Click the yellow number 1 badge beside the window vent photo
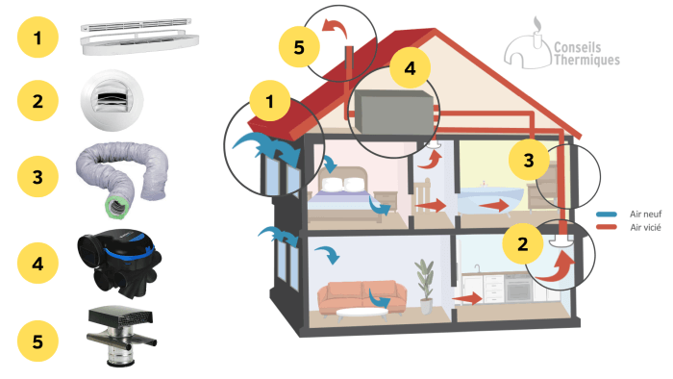(37, 39)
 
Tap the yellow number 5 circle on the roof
(299, 45)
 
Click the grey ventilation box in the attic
(392, 111)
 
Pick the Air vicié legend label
(643, 227)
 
